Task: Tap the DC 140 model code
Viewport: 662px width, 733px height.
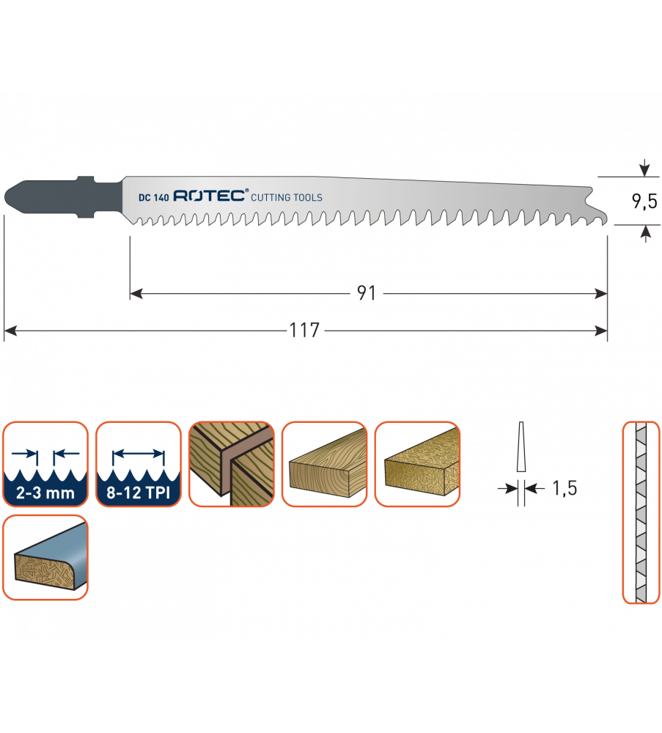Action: click(154, 197)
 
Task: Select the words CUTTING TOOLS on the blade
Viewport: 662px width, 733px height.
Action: click(287, 198)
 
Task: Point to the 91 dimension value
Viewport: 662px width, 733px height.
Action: click(367, 294)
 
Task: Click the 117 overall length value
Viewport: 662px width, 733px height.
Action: click(305, 331)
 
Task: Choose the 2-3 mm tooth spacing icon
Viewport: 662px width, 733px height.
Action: click(45, 464)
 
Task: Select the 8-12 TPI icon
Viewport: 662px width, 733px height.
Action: click(138, 464)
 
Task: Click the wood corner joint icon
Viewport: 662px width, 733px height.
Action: click(231, 464)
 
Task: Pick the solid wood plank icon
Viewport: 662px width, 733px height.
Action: click(324, 464)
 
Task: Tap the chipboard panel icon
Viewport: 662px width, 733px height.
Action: click(417, 464)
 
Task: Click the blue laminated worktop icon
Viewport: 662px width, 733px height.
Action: click(45, 557)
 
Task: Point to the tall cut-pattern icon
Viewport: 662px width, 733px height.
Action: click(641, 512)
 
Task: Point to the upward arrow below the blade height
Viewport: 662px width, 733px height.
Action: click(644, 233)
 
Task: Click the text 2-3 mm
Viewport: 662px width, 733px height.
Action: click(45, 493)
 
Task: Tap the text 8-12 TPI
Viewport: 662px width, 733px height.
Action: click(138, 493)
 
